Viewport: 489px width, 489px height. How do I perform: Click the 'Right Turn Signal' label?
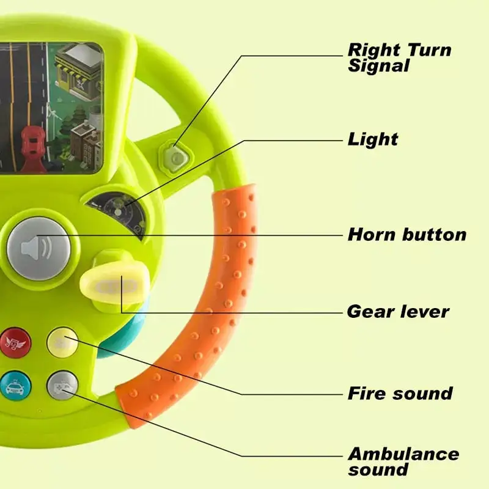pyautogui.click(x=400, y=57)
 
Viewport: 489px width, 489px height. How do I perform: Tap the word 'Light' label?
pyautogui.click(x=373, y=139)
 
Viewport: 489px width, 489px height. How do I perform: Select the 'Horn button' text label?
pyautogui.click(x=407, y=235)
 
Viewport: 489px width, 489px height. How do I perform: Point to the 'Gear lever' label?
pyautogui.click(x=398, y=312)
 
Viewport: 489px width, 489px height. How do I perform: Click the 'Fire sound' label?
pyautogui.click(x=400, y=393)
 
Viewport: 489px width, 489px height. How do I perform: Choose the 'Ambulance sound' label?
pyautogui.click(x=403, y=461)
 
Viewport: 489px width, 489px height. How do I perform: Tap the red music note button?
pyautogui.click(x=15, y=342)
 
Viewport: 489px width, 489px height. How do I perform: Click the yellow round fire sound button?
pyautogui.click(x=62, y=342)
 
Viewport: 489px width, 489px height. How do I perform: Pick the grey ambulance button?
pyautogui.click(x=62, y=386)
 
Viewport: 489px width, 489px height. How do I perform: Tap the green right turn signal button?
pyautogui.click(x=175, y=158)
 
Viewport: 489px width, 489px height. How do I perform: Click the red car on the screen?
pyautogui.click(x=33, y=148)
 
